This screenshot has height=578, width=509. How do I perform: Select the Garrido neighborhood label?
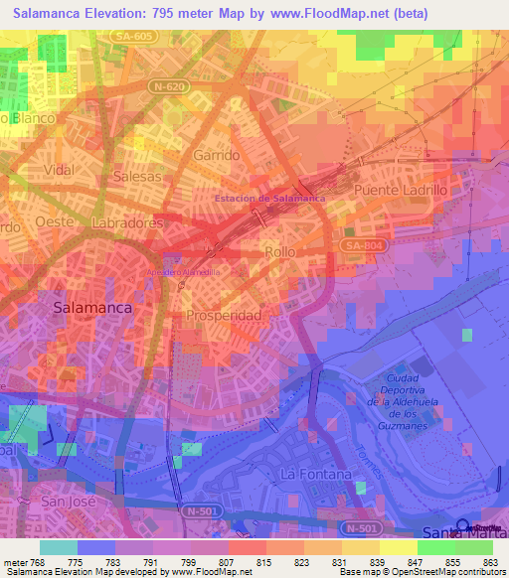click(x=217, y=156)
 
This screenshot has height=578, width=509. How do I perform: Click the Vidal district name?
click(x=60, y=170)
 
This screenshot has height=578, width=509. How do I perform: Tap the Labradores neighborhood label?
click(x=126, y=223)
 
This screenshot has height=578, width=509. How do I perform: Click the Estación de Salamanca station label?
click(x=270, y=198)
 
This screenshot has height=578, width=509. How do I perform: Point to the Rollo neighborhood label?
click(x=280, y=252)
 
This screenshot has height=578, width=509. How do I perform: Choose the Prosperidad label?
click(x=224, y=316)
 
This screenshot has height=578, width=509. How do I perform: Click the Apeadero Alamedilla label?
click(x=184, y=271)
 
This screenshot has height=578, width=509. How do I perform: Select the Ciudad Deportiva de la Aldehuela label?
click(x=407, y=399)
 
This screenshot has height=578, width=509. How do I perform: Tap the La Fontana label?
click(x=317, y=475)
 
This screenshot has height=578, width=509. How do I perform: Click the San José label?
click(x=68, y=502)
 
